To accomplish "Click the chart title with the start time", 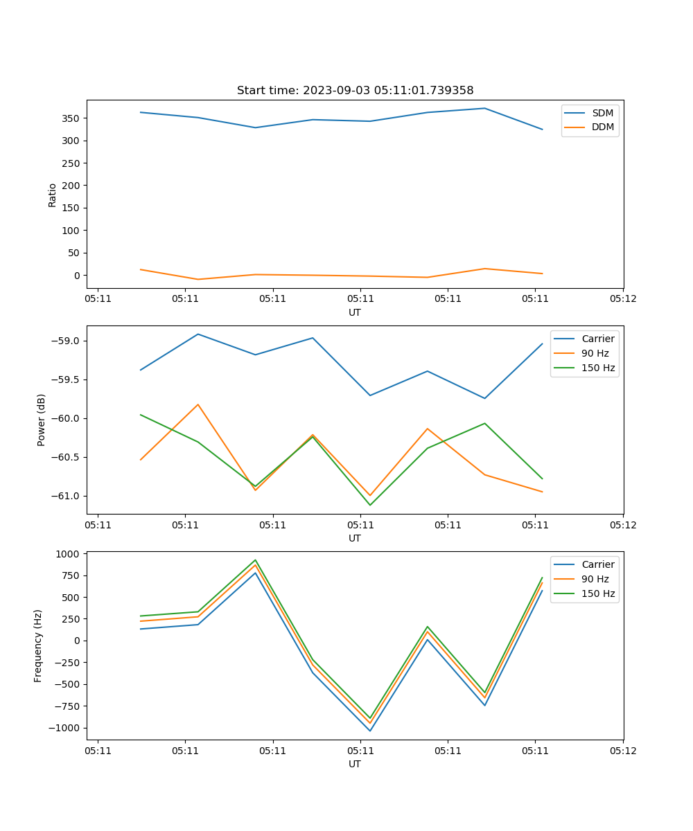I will click(355, 90).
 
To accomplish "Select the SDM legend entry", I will click(602, 113).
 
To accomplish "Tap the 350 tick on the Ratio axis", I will click(71, 118).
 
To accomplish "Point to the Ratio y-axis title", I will click(53, 195).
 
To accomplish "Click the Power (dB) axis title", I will click(42, 420).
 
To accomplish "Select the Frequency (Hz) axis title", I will click(39, 645).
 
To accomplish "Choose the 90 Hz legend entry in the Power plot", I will click(595, 353).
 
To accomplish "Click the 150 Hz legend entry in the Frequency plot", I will click(598, 593).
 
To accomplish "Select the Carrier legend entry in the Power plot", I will click(597, 339).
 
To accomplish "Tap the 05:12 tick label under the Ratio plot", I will click(623, 299).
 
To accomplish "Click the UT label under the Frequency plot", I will click(355, 764).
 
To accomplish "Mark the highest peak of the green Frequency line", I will click(255, 560).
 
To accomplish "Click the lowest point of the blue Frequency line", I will click(370, 731).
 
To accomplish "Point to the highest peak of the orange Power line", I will click(198, 404).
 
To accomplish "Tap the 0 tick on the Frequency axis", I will click(78, 641).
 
